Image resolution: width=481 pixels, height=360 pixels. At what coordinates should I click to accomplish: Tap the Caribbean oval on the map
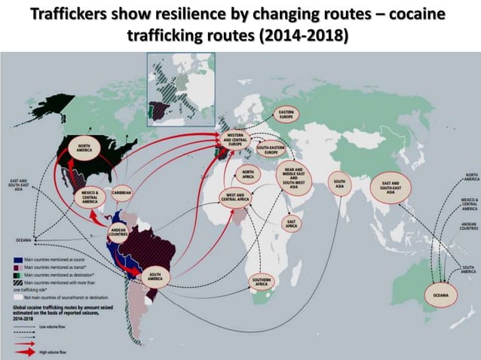121,192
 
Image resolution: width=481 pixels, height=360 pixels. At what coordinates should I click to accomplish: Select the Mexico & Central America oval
90,198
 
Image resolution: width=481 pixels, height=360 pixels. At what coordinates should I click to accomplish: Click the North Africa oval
248,175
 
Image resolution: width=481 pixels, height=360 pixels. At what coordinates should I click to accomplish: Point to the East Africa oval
290,222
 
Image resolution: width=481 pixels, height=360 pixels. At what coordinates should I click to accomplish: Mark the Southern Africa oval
260,282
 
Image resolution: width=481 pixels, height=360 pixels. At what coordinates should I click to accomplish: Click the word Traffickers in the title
66,17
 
